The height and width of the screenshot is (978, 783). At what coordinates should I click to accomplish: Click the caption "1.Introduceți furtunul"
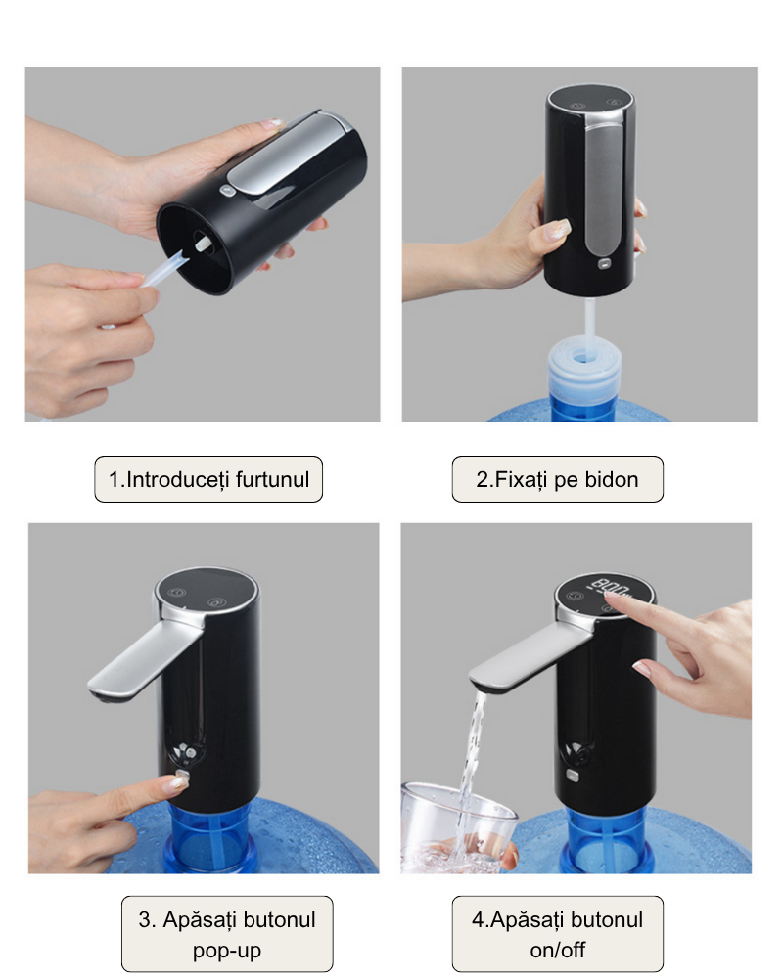click(x=208, y=479)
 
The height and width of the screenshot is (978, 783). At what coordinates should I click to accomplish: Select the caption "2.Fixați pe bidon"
click(x=557, y=479)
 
